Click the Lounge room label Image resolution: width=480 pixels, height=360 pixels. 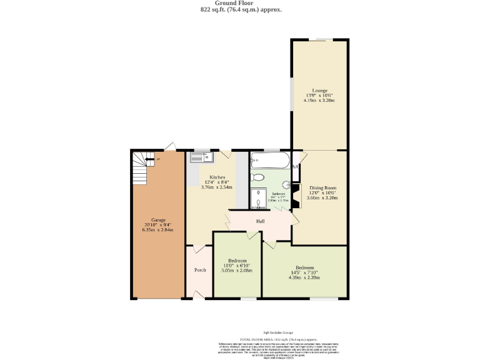(x=319, y=90)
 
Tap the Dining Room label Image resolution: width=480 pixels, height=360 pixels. (x=322, y=187)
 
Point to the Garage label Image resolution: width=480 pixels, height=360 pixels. (x=157, y=220)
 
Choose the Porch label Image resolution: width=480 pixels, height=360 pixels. (x=200, y=270)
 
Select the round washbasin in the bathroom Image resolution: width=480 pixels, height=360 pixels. (x=284, y=185)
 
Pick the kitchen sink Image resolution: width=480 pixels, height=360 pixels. (x=202, y=157)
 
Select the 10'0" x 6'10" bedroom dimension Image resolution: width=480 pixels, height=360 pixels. (x=237, y=266)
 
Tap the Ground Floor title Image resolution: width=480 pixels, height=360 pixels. (x=240, y=3)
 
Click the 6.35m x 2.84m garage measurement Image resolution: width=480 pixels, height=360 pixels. (x=157, y=230)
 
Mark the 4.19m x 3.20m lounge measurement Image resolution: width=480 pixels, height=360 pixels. (x=319, y=100)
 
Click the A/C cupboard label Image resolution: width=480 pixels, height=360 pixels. (x=295, y=167)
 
